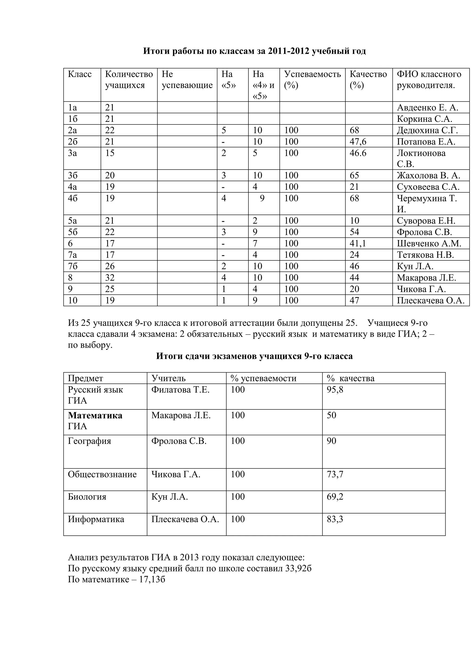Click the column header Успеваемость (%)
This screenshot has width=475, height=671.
312,79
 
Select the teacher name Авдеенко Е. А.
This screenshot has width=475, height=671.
427,108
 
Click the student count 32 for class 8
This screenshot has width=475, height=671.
110,278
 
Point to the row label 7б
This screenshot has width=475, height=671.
73,266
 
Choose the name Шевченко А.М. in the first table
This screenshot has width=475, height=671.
429,244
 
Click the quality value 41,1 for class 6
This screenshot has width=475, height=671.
358,244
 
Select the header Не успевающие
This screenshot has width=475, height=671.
187,79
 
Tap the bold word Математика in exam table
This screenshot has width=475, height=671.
95,415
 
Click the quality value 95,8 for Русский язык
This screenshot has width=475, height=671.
335,389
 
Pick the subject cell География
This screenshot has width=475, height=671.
90,441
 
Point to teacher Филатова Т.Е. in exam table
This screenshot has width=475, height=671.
180,389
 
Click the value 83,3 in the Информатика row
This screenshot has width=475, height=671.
335,519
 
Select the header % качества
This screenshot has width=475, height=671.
350,378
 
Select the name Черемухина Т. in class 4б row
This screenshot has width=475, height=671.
427,198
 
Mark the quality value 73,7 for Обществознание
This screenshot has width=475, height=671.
335,474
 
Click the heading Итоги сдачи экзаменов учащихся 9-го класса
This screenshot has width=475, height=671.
254,356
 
